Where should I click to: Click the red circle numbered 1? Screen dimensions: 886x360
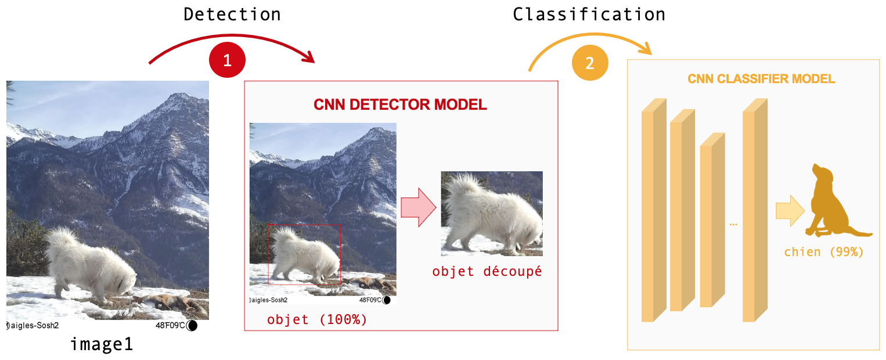(x=227, y=60)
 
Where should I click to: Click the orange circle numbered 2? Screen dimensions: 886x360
(x=590, y=63)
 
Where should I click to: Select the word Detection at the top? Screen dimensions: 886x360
(x=232, y=15)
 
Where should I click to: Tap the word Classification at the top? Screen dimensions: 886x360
(x=589, y=15)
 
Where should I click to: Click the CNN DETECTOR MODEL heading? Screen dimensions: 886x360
(x=400, y=105)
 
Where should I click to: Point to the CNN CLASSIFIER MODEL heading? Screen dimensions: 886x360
(x=761, y=79)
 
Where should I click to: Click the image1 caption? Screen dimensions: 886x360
(x=102, y=344)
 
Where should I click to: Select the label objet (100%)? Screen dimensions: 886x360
(x=317, y=319)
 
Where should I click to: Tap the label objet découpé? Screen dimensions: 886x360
(x=487, y=271)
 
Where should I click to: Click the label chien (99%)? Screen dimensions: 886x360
(x=823, y=252)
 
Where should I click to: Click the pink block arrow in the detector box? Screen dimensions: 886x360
(x=419, y=207)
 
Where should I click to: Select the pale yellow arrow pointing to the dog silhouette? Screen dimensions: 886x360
(x=790, y=210)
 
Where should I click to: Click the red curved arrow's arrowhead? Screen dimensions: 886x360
(x=308, y=57)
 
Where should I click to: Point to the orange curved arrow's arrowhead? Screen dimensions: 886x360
(x=646, y=49)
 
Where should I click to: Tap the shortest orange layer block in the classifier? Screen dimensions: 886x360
(x=712, y=219)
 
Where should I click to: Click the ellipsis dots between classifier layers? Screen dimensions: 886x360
(x=733, y=225)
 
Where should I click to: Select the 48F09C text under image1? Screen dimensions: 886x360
(x=170, y=325)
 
